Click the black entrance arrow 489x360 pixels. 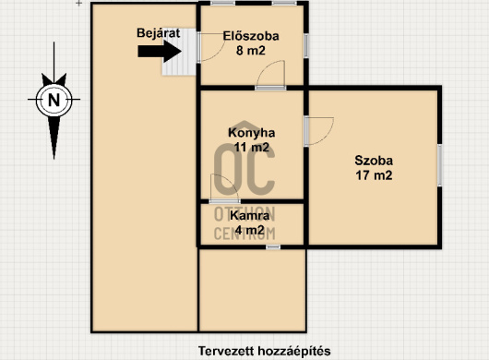click(x=160, y=51)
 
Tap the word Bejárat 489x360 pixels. click(x=159, y=33)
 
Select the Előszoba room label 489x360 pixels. click(x=251, y=36)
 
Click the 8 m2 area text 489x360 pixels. click(x=251, y=50)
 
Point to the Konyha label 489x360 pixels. click(x=251, y=133)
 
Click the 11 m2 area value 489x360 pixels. click(x=251, y=147)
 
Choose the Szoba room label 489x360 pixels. click(x=374, y=161)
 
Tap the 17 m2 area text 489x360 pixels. click(x=374, y=175)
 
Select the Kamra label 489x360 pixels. click(x=249, y=216)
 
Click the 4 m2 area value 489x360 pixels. click(x=249, y=230)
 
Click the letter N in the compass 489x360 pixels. click(x=54, y=100)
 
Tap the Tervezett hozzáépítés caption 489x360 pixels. click(x=265, y=351)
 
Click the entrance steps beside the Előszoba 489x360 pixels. click(x=179, y=52)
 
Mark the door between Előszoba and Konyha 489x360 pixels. click(x=270, y=75)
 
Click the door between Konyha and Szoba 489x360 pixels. click(x=319, y=131)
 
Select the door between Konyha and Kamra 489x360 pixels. click(x=224, y=188)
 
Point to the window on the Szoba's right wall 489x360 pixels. click(x=439, y=165)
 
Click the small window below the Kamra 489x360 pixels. click(x=273, y=247)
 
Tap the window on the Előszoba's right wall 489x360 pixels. click(x=306, y=45)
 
